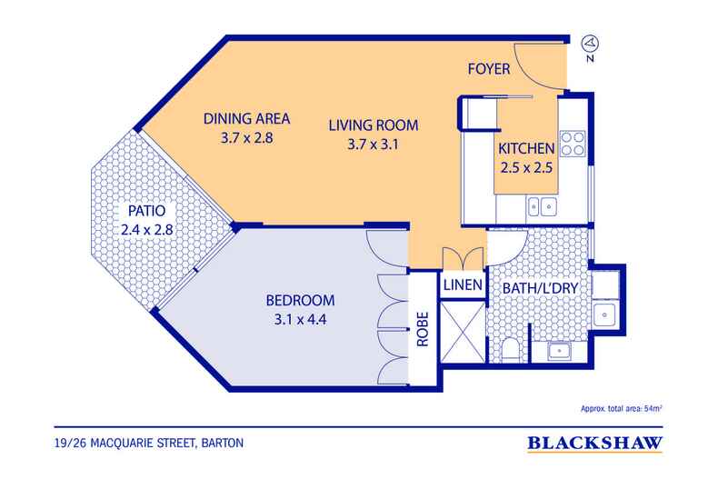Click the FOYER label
point(494,70)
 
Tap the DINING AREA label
point(246,118)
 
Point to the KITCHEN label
point(525,149)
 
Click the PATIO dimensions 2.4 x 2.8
point(146,230)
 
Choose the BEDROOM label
point(301,300)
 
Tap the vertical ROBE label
point(423,332)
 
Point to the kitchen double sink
point(541,207)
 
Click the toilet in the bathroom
point(513,349)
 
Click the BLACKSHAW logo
point(593,444)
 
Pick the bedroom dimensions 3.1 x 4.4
point(301,319)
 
